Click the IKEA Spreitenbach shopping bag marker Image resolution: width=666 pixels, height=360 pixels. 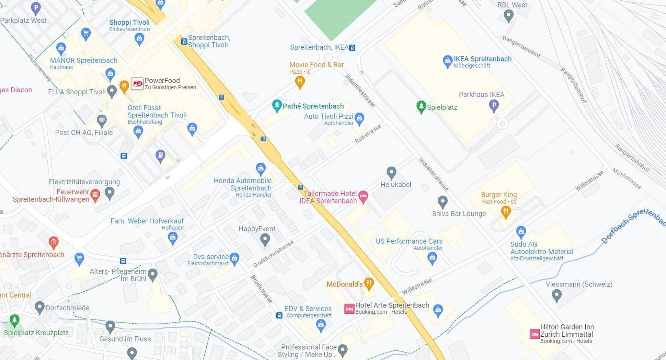pos(447,61)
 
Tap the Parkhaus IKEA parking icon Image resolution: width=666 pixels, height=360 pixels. pos(494,105)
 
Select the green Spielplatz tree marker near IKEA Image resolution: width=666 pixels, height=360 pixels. pos(421,107)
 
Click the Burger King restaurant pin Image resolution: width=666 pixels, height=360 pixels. pos(505,212)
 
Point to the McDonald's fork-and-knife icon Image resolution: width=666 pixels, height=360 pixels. pos(369,283)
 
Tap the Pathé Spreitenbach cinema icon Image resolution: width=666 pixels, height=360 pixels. pos(277,105)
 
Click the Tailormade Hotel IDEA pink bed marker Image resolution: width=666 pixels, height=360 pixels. pos(363,197)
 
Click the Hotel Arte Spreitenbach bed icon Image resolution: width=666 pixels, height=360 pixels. pos(349,309)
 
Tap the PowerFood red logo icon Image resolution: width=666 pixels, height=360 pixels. pos(137,83)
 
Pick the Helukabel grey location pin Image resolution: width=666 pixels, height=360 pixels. pos(391,172)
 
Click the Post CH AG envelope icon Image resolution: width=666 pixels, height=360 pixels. pos(102,120)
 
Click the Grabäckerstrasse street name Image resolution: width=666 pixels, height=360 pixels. pos(273,254)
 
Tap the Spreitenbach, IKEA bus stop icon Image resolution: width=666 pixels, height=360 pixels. pos(352,48)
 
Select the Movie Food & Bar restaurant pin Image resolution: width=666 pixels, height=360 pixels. pos(300,81)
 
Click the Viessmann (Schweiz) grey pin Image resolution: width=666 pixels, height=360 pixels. pos(556,295)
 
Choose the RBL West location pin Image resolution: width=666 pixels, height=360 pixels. pos(508,15)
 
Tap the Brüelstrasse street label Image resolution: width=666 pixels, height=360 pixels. pos(261,289)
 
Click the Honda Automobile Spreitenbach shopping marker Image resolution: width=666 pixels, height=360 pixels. pos(261,169)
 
